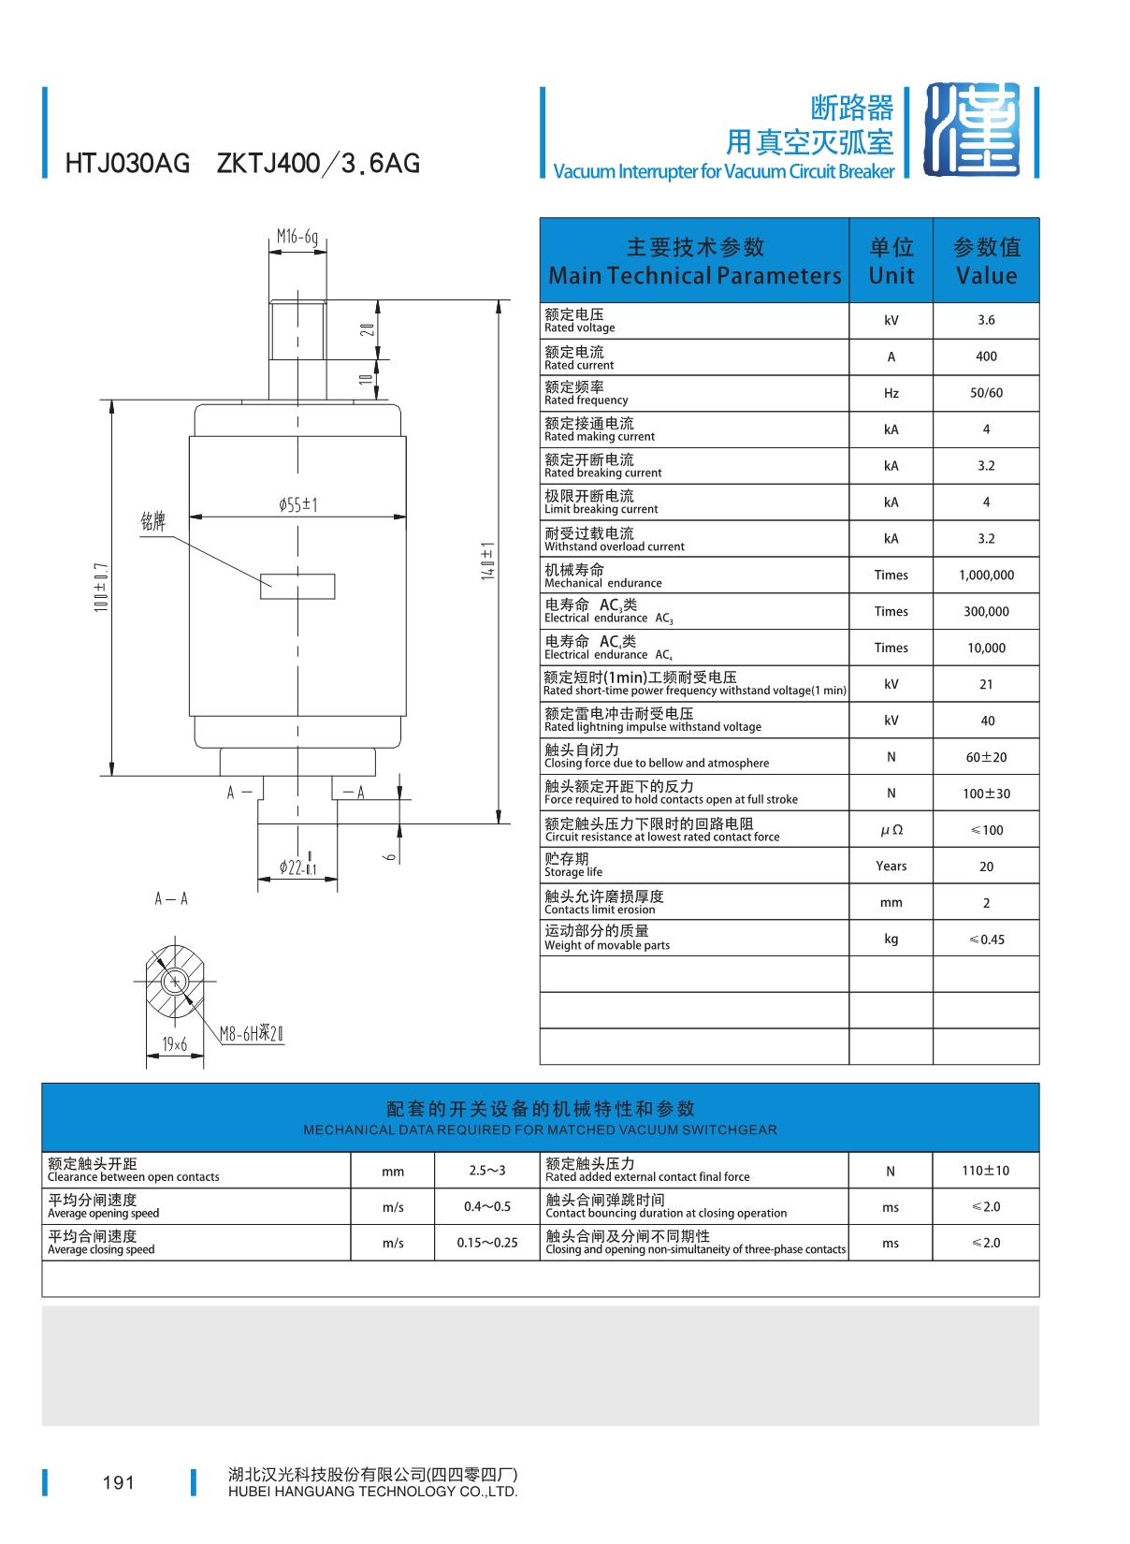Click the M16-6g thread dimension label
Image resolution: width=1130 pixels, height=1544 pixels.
click(x=297, y=237)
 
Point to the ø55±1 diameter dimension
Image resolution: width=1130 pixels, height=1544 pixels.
click(x=297, y=504)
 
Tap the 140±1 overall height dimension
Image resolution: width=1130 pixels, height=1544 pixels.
click(x=487, y=561)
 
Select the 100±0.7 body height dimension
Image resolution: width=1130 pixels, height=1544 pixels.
click(x=101, y=587)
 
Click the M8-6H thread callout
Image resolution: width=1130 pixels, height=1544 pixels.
click(x=251, y=1033)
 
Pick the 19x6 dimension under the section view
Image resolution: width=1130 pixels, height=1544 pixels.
click(x=174, y=1043)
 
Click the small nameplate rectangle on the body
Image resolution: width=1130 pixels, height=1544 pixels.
click(x=297, y=586)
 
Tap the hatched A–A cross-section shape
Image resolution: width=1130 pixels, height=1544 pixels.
click(x=174, y=980)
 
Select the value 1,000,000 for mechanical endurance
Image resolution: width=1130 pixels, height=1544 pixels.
click(x=986, y=575)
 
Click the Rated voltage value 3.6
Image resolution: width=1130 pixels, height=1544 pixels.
click(x=986, y=320)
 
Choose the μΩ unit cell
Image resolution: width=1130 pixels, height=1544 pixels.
click(x=891, y=830)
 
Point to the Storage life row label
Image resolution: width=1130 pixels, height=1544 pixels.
click(x=572, y=865)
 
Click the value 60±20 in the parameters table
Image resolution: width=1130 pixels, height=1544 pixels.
click(x=986, y=757)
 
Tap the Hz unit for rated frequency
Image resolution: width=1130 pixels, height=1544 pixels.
click(x=891, y=393)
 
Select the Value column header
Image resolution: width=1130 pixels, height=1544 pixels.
click(x=986, y=261)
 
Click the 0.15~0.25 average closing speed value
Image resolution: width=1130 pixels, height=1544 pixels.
click(x=487, y=1242)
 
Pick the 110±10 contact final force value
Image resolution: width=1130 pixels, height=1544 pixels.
click(x=985, y=1171)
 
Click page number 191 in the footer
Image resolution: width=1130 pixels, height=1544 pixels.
click(x=119, y=1482)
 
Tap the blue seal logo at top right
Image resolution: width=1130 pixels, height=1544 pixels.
click(x=972, y=129)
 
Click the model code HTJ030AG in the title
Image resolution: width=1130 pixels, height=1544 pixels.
click(x=127, y=164)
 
